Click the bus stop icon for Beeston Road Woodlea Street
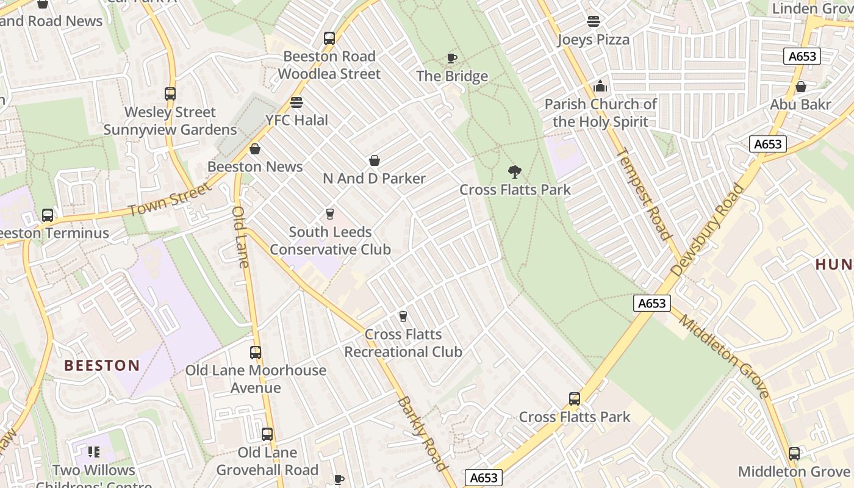point(329,38)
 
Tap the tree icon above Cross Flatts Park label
point(515,171)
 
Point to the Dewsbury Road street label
point(708,230)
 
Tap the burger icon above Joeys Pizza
point(593,21)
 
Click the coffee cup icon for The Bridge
point(452,59)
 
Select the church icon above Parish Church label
point(600,86)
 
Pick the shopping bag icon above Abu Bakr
point(800,87)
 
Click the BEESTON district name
point(102,365)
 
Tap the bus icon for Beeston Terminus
point(48,215)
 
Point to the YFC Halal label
point(296,120)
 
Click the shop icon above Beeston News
point(255,149)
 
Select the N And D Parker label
point(374,179)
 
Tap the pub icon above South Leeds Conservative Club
point(330,214)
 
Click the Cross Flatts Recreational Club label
point(403,343)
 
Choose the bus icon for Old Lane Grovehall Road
point(267,434)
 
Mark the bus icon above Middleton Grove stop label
point(794,454)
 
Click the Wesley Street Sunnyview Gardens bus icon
point(170,94)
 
